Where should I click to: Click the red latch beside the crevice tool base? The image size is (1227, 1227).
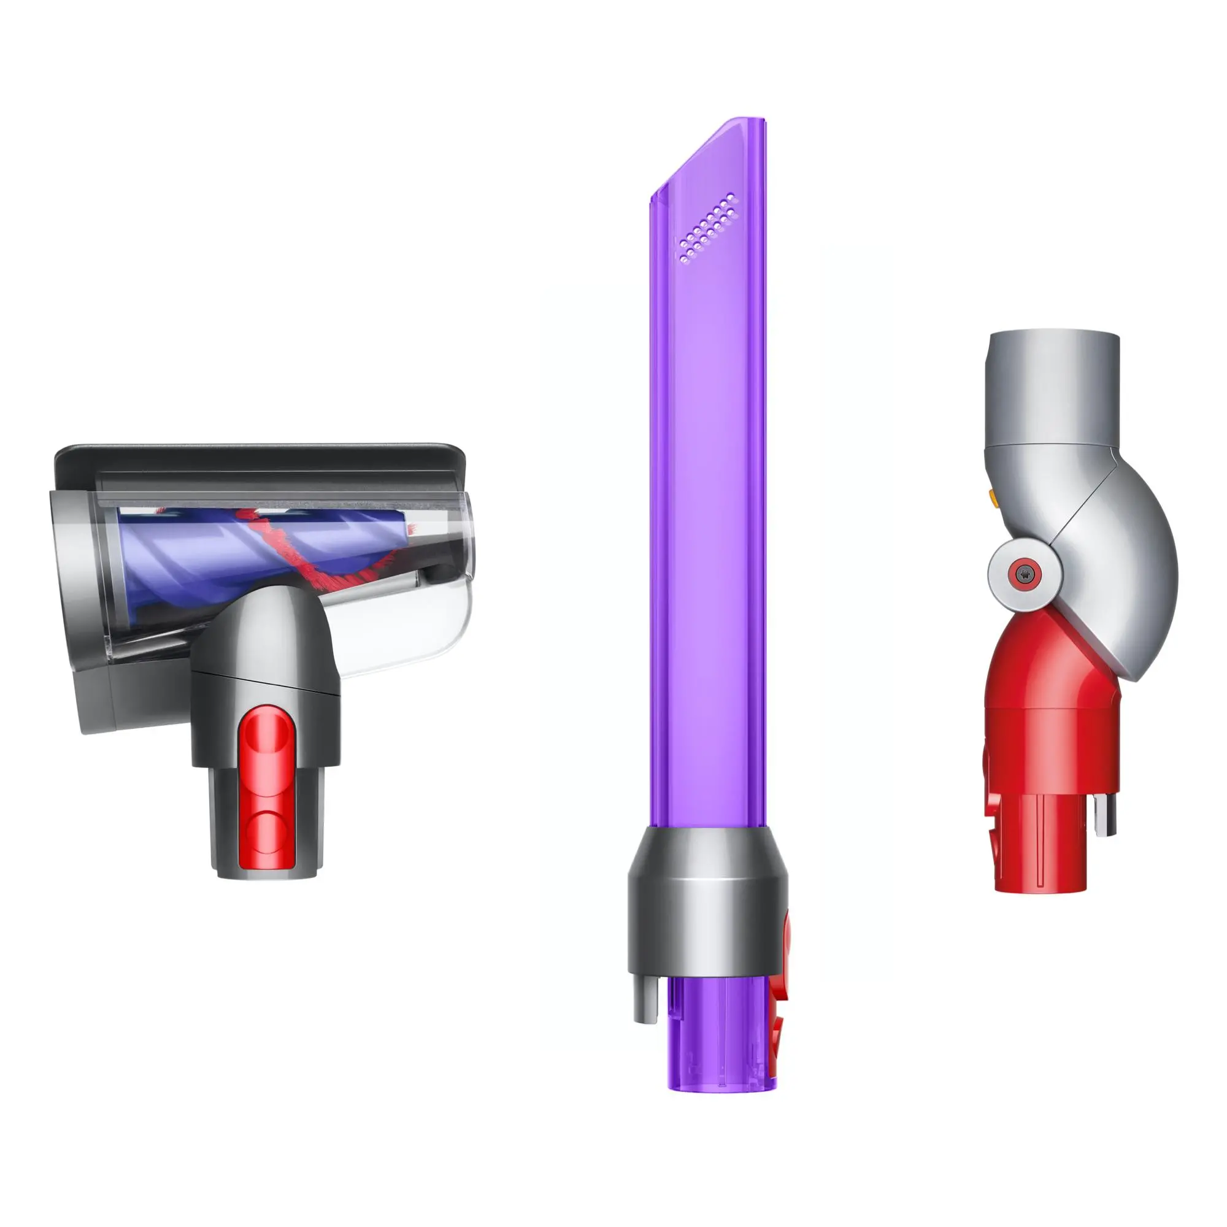[780, 991]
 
